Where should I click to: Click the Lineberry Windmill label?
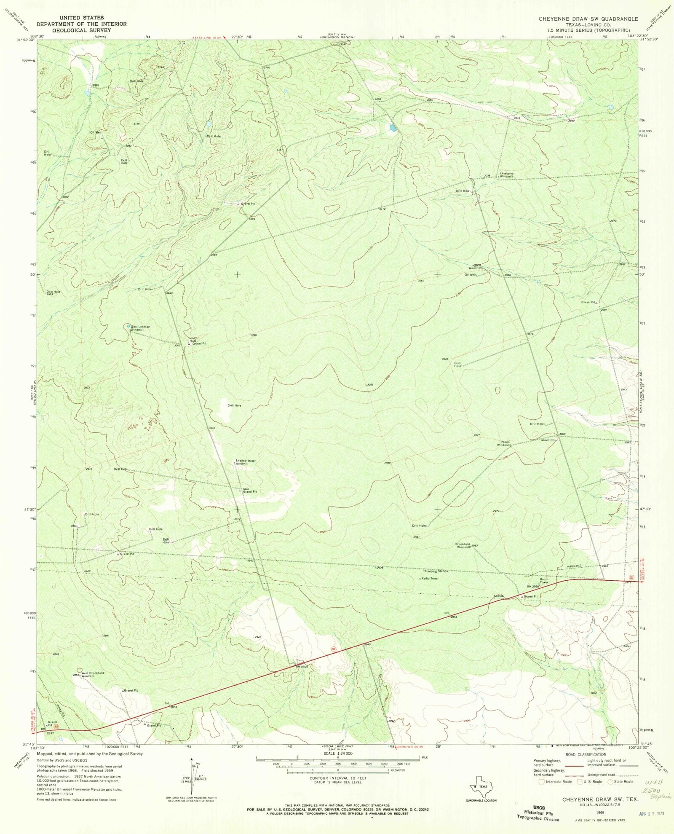pos(507,175)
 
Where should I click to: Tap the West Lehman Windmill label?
pos(140,328)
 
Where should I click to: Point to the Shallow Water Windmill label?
pos(245,462)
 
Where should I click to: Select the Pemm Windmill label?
pos(504,443)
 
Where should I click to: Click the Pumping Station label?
pos(436,571)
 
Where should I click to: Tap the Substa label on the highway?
pos(499,596)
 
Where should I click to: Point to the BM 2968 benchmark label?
pos(532,586)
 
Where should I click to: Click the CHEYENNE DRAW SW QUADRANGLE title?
pos(588,19)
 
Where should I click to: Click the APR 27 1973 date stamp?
pos(652,814)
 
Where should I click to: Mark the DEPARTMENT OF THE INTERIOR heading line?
pos(81,24)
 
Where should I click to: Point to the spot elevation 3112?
pos(382,209)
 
